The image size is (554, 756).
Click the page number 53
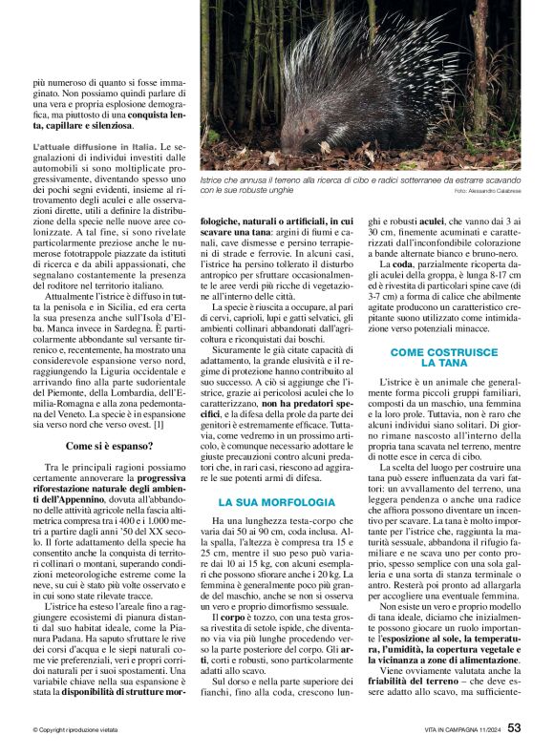[x=514, y=728]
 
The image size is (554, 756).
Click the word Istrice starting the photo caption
[x=212, y=179]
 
